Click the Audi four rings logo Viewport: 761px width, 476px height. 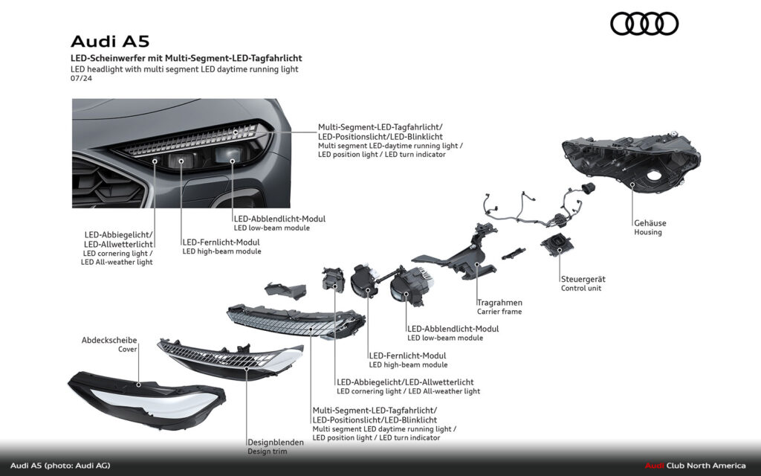[644, 24]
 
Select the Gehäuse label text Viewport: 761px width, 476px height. [650, 222]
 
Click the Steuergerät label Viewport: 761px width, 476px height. [583, 279]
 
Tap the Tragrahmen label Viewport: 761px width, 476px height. [499, 303]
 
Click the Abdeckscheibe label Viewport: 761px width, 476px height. [109, 340]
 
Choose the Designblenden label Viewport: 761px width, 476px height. [275, 443]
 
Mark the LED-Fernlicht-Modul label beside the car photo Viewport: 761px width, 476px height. [221, 242]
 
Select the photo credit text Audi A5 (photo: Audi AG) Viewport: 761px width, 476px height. [60, 466]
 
